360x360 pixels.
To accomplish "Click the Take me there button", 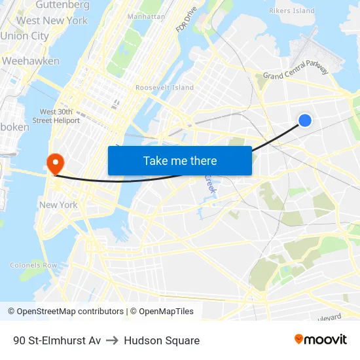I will [180, 160].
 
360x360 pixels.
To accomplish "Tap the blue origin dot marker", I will [305, 120].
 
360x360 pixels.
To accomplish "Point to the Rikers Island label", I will [291, 10].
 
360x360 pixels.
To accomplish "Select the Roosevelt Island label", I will [164, 88].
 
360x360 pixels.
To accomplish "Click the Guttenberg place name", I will [62, 5].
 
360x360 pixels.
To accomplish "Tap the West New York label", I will [52, 20].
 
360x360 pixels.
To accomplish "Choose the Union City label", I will [24, 36].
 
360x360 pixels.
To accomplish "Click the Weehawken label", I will [31, 61].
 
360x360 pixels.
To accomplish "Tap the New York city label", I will [58, 205].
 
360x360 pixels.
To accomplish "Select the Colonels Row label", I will [33, 265].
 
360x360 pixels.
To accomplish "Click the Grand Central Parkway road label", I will [295, 72].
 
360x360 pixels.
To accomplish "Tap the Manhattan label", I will [146, 16].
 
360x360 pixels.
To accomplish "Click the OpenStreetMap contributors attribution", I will [65, 312].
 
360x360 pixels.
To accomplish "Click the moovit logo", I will [320, 339].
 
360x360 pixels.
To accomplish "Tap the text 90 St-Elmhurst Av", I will [57, 340].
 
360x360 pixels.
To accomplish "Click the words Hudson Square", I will [162, 340].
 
